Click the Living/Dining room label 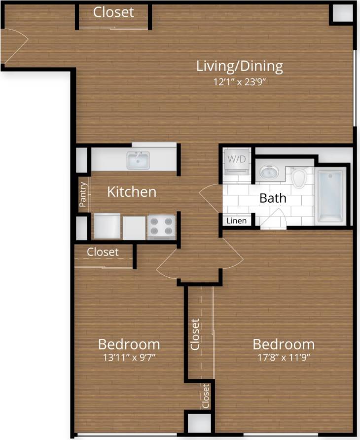click(240, 66)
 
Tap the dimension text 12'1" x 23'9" click(240, 82)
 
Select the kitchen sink click(138, 160)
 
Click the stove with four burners click(161, 226)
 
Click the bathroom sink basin click(269, 172)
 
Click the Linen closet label click(236, 221)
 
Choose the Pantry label click(83, 194)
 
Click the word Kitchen click(132, 191)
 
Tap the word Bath click(273, 198)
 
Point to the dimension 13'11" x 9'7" click(129, 357)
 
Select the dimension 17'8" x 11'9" click(284, 357)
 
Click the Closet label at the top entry click(113, 12)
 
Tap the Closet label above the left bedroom click(103, 252)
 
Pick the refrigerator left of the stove click(107, 226)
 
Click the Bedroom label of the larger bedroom click(284, 344)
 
